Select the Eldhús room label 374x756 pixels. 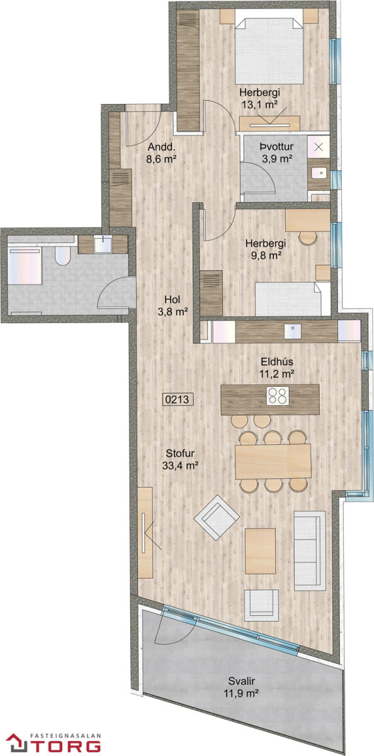277,362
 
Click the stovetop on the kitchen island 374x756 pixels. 278,396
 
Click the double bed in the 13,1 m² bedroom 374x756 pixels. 269,51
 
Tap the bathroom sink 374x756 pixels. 103,244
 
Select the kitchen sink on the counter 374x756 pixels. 292,331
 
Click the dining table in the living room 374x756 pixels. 273,461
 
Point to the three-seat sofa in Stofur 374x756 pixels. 310,551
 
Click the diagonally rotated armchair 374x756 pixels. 217,517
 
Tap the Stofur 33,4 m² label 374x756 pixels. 180,459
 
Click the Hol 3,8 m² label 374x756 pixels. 173,306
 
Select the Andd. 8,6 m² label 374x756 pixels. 162,153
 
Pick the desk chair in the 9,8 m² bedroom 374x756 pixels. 307,238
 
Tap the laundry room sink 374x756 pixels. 319,173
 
